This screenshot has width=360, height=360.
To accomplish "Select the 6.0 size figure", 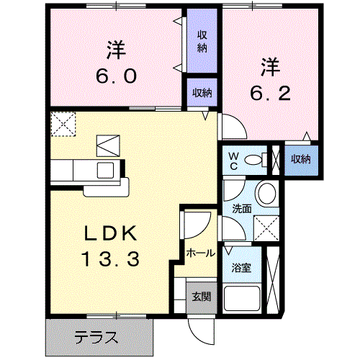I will (116, 76).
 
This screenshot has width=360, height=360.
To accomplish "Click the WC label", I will (234, 159).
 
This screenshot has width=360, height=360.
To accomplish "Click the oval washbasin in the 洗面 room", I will (266, 193).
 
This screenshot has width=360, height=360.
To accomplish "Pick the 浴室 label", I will (241, 268).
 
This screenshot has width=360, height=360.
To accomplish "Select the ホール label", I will (199, 253).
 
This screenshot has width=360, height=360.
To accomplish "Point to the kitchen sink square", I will (107, 171).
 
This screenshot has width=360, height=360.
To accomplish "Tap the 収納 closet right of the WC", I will (300, 159).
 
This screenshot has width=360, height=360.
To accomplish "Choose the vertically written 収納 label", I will (202, 41).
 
